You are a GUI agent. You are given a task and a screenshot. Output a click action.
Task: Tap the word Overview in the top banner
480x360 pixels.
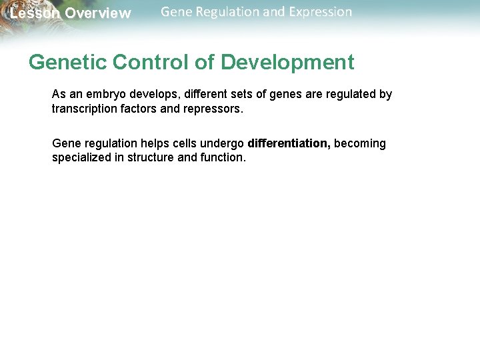click(x=98, y=14)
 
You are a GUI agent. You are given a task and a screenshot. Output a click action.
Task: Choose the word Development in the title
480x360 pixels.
click(x=287, y=63)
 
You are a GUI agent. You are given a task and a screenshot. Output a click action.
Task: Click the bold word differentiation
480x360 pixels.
click(x=288, y=144)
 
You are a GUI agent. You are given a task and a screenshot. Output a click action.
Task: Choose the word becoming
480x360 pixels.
click(x=360, y=144)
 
